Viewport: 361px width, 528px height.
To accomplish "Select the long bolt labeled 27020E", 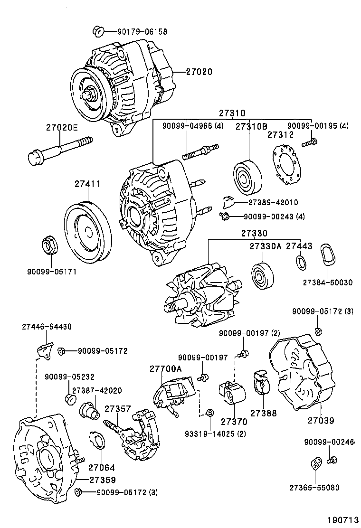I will (59, 147).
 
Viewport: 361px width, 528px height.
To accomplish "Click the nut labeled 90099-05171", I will (48, 244).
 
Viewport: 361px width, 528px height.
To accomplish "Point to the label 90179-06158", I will (142, 32).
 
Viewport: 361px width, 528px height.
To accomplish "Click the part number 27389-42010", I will (273, 202).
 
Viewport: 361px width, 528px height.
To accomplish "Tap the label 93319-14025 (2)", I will (216, 434).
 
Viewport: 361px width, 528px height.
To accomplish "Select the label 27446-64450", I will (47, 327).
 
